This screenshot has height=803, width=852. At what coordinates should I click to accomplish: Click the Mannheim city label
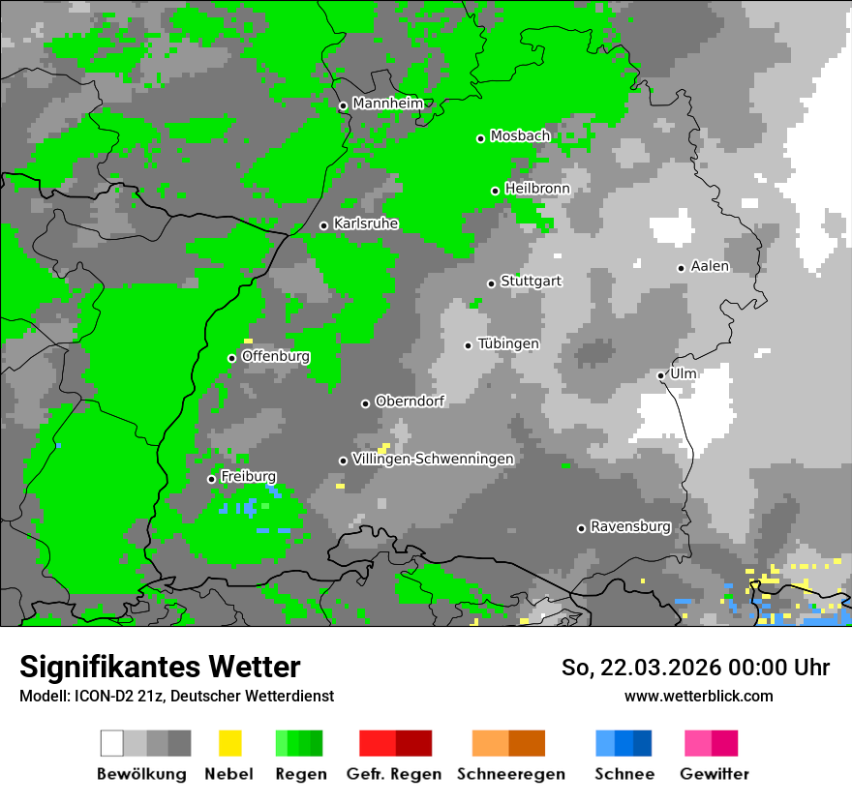click(387, 104)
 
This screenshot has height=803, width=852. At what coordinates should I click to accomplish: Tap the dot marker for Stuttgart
click(491, 283)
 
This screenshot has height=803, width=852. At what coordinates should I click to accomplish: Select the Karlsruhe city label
click(365, 223)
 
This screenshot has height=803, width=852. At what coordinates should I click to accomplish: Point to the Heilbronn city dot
click(495, 191)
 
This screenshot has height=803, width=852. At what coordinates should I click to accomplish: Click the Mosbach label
click(520, 136)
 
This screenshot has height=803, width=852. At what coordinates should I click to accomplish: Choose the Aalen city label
click(710, 266)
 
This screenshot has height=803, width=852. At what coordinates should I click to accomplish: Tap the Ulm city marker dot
click(660, 375)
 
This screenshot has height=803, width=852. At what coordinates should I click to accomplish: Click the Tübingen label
click(508, 343)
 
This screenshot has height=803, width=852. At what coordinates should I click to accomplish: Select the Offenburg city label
click(275, 356)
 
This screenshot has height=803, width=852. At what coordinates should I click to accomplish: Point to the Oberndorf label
click(410, 401)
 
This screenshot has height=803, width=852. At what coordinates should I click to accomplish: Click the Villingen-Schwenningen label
click(433, 459)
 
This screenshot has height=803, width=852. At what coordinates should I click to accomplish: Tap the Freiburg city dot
click(211, 479)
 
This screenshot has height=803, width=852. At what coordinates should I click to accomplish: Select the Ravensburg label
click(630, 526)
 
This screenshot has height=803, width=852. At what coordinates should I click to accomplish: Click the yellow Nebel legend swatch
click(229, 743)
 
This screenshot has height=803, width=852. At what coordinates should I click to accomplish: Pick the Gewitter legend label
click(714, 774)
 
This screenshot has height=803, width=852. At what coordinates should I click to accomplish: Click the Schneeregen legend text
click(510, 774)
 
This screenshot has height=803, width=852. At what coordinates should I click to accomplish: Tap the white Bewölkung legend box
click(112, 743)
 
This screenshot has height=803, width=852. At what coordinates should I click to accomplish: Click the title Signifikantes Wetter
click(160, 667)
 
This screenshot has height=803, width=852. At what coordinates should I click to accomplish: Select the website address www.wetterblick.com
click(698, 696)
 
